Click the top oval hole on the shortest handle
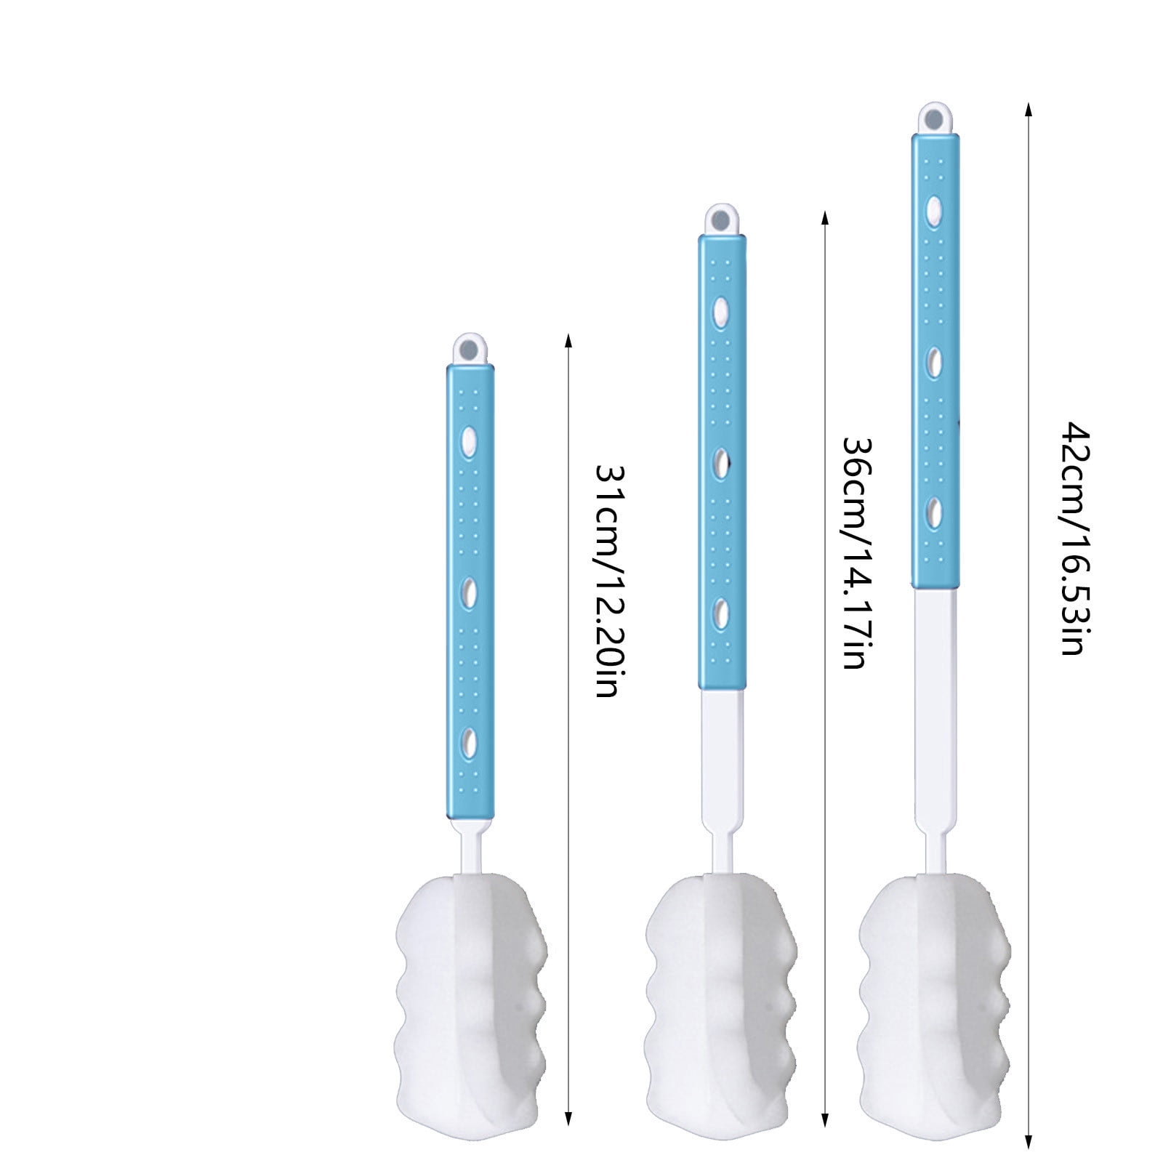(x=470, y=439)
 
